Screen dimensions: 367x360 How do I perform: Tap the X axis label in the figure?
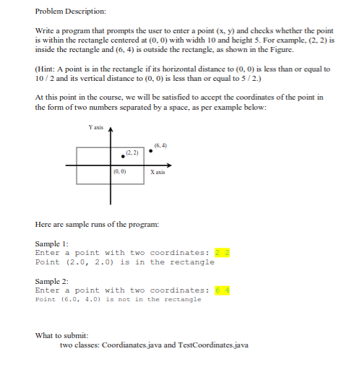[158, 173]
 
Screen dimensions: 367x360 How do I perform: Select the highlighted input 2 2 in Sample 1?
[222, 252]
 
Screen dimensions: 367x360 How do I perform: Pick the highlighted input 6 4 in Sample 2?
[222, 290]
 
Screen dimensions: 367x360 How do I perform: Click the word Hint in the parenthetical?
[45, 69]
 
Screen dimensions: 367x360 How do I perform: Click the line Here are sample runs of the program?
[96, 224]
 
